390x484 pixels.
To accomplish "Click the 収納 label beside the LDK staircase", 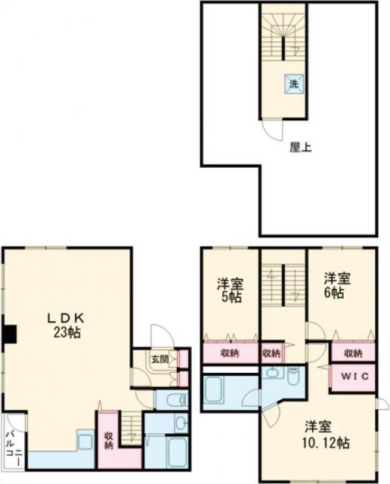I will coord(110,439).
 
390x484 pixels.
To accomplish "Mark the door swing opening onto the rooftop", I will coord(271,130).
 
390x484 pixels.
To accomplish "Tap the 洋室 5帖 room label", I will coord(231,290).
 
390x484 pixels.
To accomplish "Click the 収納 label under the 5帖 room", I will coord(231,353).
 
